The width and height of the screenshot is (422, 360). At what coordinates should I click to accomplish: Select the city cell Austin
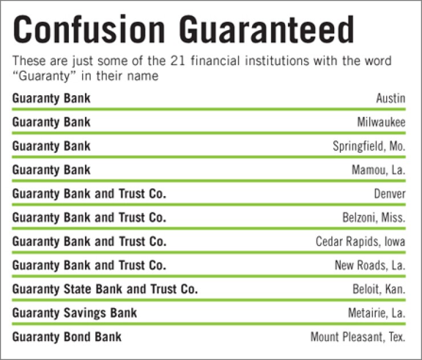pyautogui.click(x=391, y=99)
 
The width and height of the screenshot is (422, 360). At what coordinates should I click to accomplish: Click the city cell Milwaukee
pyautogui.click(x=382, y=122)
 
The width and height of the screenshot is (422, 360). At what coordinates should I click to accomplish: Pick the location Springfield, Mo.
pyautogui.click(x=369, y=146)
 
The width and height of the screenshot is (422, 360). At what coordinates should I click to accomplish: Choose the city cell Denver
pyautogui.click(x=389, y=194)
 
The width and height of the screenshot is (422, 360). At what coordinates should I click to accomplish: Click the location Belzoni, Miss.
pyautogui.click(x=374, y=218)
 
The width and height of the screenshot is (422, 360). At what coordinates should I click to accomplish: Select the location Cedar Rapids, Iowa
pyautogui.click(x=360, y=242)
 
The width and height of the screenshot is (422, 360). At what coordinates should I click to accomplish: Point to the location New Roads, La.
pyautogui.click(x=370, y=266)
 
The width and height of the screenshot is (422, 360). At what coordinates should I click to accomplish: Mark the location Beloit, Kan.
pyautogui.click(x=379, y=289)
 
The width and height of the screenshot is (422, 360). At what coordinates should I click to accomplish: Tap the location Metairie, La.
pyautogui.click(x=376, y=313)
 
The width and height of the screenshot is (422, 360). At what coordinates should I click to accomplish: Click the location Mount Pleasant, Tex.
pyautogui.click(x=358, y=337)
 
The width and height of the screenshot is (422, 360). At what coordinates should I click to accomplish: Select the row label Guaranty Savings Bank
pyautogui.click(x=75, y=313)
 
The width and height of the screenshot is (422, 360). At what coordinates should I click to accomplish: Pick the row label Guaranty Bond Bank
pyautogui.click(x=67, y=337)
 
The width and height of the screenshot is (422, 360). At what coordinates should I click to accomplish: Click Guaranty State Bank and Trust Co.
pyautogui.click(x=105, y=289)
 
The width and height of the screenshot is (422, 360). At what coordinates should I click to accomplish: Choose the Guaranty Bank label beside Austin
pyautogui.click(x=51, y=99)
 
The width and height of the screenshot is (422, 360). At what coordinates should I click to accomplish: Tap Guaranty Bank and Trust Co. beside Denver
pyautogui.click(x=89, y=194)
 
